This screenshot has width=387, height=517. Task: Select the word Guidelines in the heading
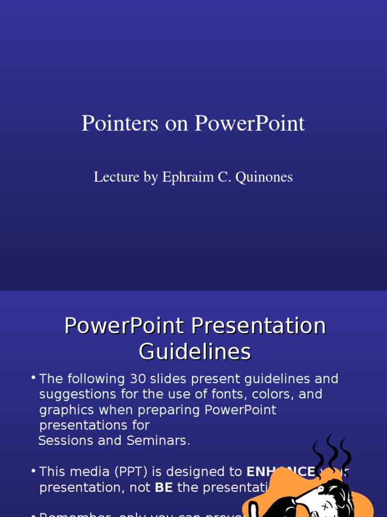pos(195,352)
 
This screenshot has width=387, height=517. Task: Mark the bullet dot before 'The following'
pos(33,378)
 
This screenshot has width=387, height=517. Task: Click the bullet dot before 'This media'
pos(33,471)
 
